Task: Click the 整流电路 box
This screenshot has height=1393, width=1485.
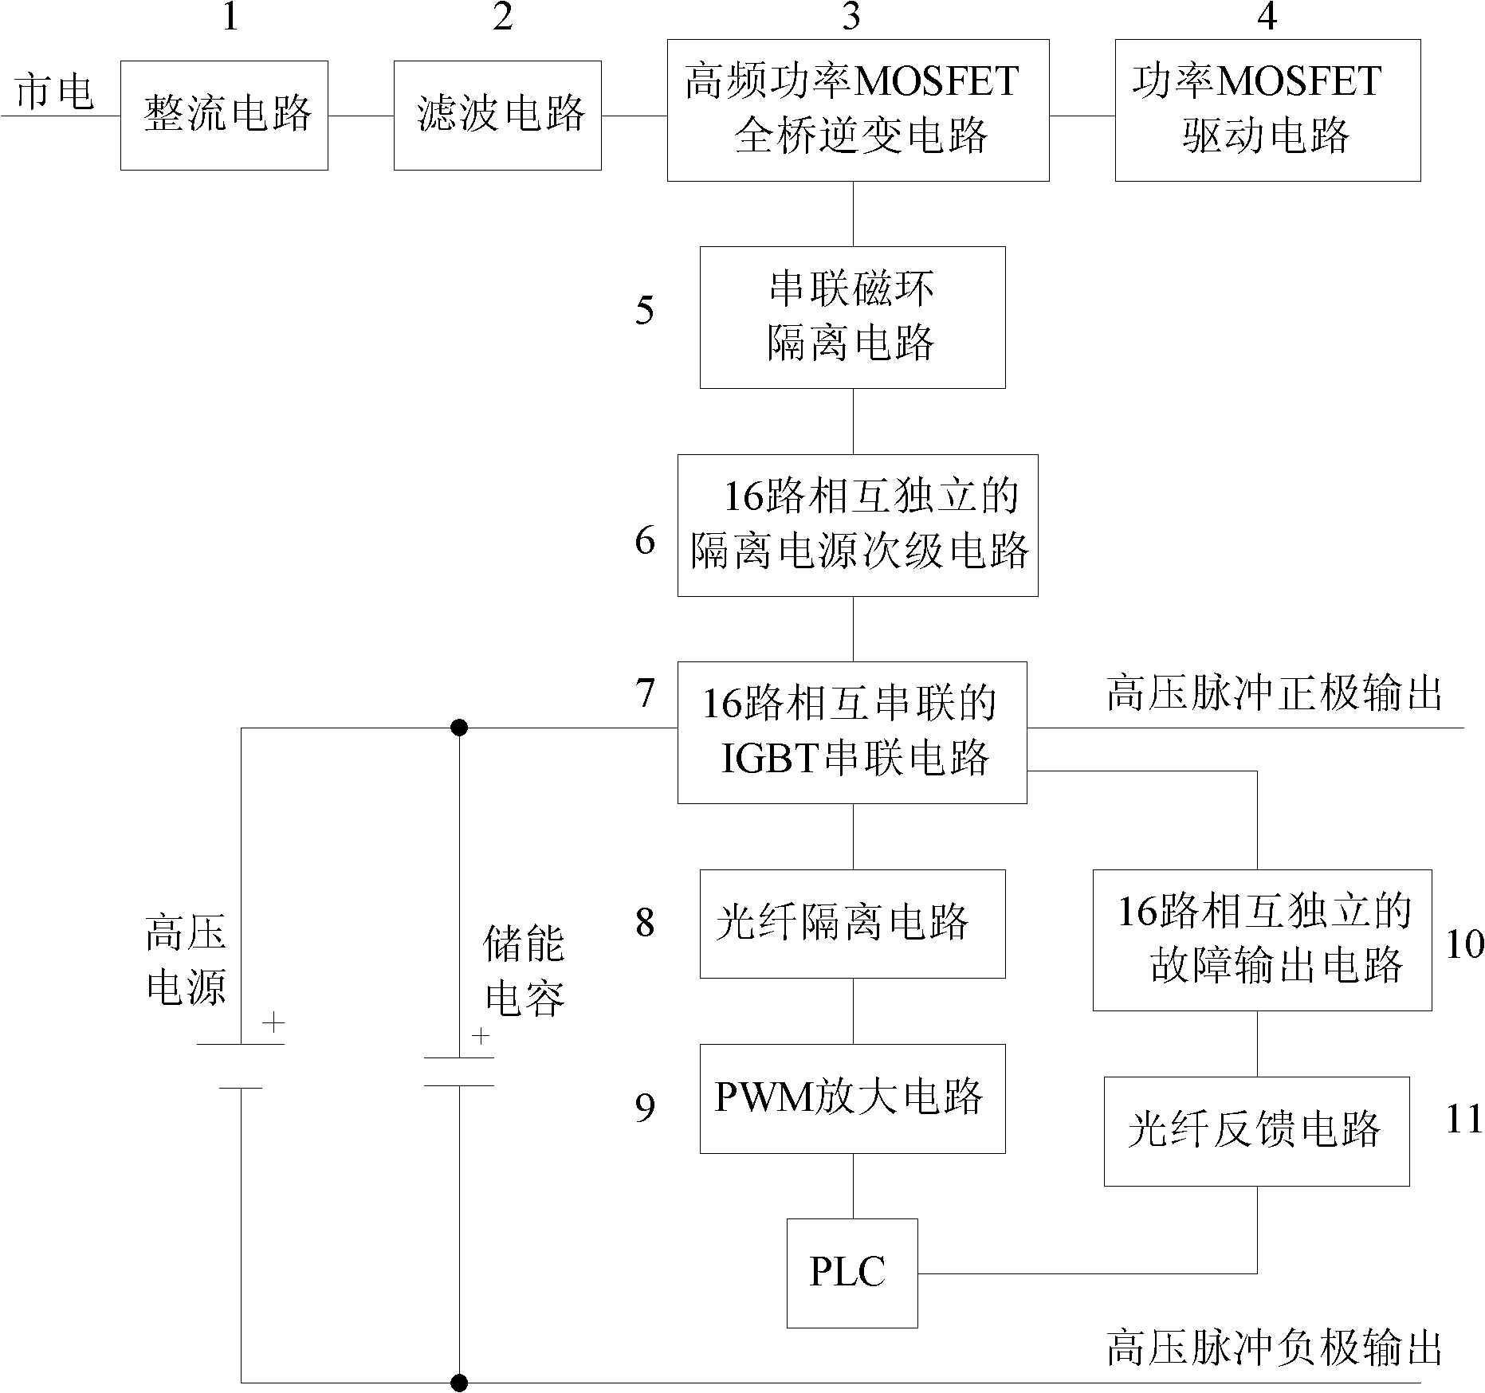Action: [x=224, y=116]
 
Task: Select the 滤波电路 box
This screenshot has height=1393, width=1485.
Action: [x=497, y=116]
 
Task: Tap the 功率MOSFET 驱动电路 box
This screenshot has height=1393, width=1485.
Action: [x=1267, y=110]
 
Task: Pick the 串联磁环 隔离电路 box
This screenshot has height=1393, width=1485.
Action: [x=852, y=317]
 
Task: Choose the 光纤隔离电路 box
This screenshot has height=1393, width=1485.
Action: [x=852, y=924]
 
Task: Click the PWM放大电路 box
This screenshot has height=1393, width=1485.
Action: [x=852, y=1098]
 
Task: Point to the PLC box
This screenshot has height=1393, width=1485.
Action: [x=851, y=1273]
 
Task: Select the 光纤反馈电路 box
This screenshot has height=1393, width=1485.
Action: [x=1256, y=1131]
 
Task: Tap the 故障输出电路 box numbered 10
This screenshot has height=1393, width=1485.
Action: [x=1262, y=940]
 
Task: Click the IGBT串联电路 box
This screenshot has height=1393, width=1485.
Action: [x=852, y=732]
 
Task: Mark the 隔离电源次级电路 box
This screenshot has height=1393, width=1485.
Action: [x=858, y=525]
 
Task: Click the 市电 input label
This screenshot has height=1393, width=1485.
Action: [x=54, y=92]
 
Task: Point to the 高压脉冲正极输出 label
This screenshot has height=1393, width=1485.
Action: [x=1275, y=694]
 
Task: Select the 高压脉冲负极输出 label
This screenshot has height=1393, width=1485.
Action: [x=1275, y=1349]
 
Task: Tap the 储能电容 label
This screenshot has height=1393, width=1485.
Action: [x=524, y=971]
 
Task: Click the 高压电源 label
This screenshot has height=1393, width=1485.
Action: [x=186, y=959]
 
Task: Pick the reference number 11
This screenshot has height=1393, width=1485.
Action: [x=1464, y=1119]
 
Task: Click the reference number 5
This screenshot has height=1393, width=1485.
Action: [x=645, y=310]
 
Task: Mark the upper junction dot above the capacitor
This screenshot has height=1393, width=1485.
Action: [x=459, y=728]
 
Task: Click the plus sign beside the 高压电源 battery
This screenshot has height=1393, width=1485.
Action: [x=273, y=1023]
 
